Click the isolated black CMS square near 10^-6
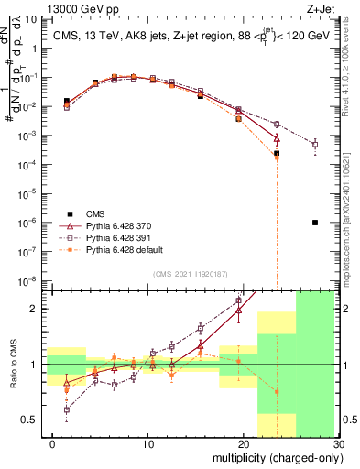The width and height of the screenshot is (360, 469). click(314, 223)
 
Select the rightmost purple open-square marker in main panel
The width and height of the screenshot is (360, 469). click(314, 144)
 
